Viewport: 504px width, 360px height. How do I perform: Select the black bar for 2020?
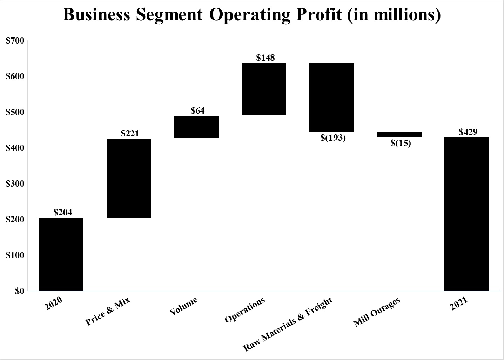[x=61, y=254]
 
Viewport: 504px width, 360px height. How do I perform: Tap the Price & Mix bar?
[x=129, y=178]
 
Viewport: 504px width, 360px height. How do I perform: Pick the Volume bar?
[x=196, y=127]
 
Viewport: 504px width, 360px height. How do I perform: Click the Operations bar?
[x=264, y=89]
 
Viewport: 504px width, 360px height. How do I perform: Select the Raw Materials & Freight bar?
[x=331, y=97]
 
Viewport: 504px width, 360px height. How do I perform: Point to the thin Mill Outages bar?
[x=399, y=134]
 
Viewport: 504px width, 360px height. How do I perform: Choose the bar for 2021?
[x=466, y=214]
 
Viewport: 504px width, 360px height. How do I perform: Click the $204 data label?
[x=63, y=212]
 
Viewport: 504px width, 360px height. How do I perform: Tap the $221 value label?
[x=130, y=133]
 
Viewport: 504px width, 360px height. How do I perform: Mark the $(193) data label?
[x=333, y=138]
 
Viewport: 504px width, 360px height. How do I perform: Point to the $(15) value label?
[x=401, y=143]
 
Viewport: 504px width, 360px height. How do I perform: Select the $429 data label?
[x=468, y=132]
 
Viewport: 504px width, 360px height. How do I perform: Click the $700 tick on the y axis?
[x=15, y=40]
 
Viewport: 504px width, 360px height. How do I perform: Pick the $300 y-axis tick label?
[x=15, y=184]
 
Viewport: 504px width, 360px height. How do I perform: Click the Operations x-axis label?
[x=245, y=310]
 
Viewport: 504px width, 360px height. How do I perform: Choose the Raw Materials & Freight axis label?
[x=288, y=324]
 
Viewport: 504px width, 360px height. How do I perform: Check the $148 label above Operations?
[x=265, y=58]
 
